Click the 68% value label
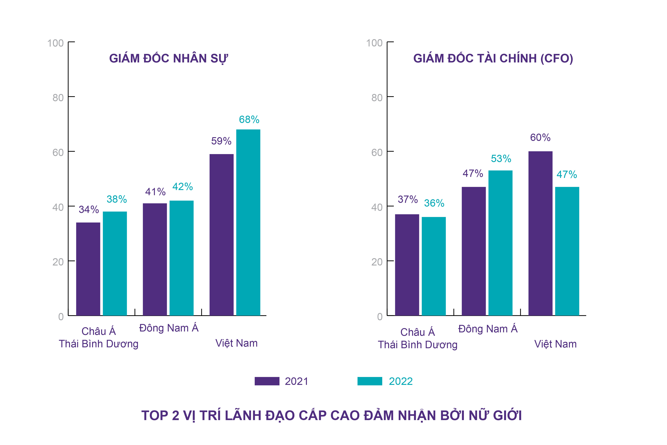point(249,120)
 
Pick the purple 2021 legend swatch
point(267,381)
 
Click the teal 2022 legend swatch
point(369,381)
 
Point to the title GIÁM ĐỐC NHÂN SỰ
point(168,59)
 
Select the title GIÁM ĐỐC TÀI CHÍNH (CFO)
point(493,59)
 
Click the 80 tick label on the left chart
point(58,98)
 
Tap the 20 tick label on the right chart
point(377,262)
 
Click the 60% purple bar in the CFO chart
point(540,233)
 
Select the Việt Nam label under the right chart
point(555,344)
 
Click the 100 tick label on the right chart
point(374,43)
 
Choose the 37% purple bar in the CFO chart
point(407,265)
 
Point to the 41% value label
point(155,192)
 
